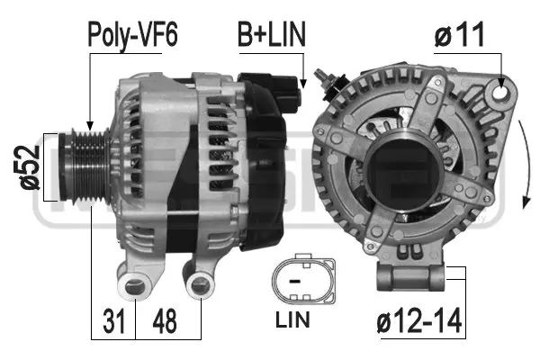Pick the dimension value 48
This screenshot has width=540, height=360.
pos(161,321)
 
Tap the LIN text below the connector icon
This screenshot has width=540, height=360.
pos(301,319)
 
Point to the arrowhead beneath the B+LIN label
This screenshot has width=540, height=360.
pos(306,84)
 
